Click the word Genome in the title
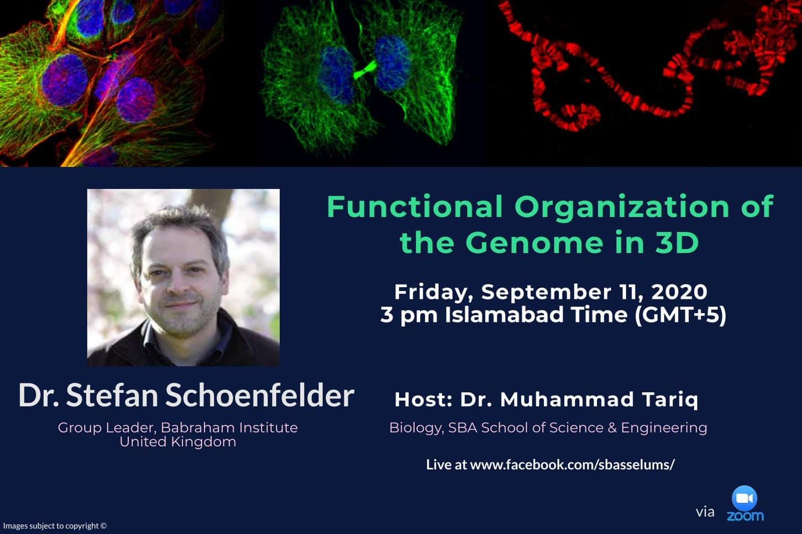pyautogui.click(x=534, y=243)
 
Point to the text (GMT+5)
pyautogui.click(x=680, y=315)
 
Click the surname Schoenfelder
pyautogui.click(x=260, y=395)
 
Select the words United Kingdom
pyautogui.click(x=178, y=442)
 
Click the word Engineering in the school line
pyautogui.click(x=664, y=428)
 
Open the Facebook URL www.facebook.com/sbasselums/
pyautogui.click(x=573, y=464)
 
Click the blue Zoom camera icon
pyautogui.click(x=745, y=498)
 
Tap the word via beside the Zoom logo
pyautogui.click(x=705, y=512)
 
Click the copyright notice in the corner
pyautogui.click(x=55, y=526)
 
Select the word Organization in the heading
pyautogui.click(x=622, y=208)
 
